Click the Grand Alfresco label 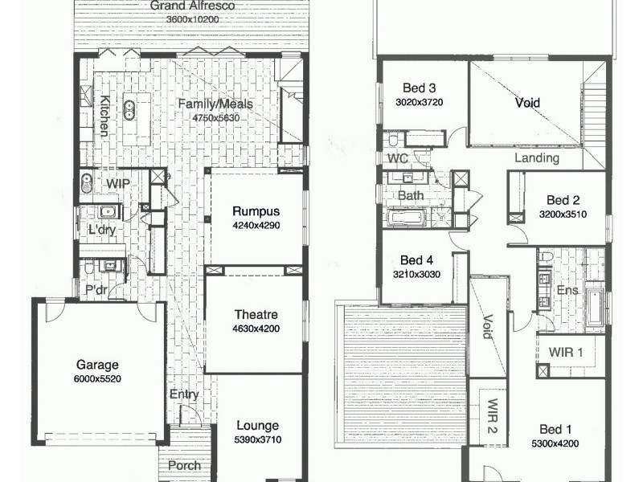[192, 6]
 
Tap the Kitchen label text [104, 116]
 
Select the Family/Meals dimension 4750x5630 [215, 118]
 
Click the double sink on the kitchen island [129, 107]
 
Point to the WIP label [118, 184]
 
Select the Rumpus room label [256, 211]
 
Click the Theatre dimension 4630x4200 [256, 328]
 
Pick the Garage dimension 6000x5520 [98, 378]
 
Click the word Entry [185, 394]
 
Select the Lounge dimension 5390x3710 [258, 440]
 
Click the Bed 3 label [419, 88]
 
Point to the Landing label [536, 158]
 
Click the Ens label [567, 289]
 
